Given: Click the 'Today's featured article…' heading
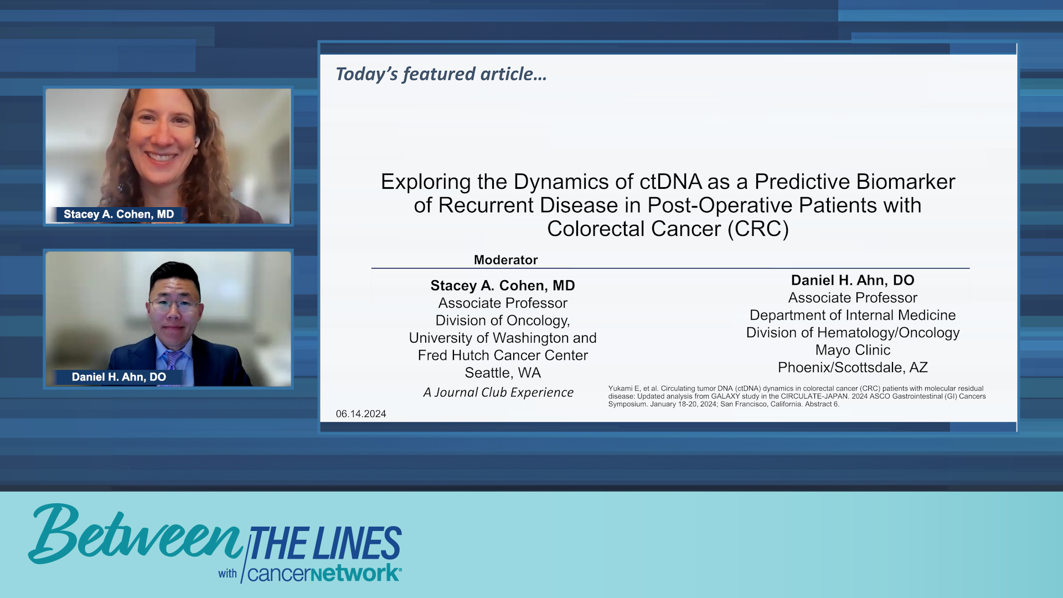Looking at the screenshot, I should click(441, 74).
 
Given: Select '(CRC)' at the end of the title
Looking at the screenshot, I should click(758, 229).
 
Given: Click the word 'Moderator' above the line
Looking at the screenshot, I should click(505, 260).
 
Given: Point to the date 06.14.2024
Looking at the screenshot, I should click(360, 414).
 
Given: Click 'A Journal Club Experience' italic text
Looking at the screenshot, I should click(498, 392).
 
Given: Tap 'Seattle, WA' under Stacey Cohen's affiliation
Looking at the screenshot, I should click(503, 373).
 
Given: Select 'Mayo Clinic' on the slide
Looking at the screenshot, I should click(853, 350).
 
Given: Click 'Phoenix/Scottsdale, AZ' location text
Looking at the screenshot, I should click(853, 367).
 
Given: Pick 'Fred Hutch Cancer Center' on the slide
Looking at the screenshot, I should click(503, 355).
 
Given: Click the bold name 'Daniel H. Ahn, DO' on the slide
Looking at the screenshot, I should click(853, 280).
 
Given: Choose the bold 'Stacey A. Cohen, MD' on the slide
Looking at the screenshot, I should click(503, 286).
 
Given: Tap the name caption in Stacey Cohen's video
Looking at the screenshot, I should click(118, 214).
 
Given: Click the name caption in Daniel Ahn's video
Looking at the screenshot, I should click(118, 377).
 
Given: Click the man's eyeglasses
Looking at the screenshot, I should click(173, 304).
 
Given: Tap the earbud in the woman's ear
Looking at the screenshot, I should click(197, 142).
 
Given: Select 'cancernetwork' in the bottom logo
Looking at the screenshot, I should click(324, 573).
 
